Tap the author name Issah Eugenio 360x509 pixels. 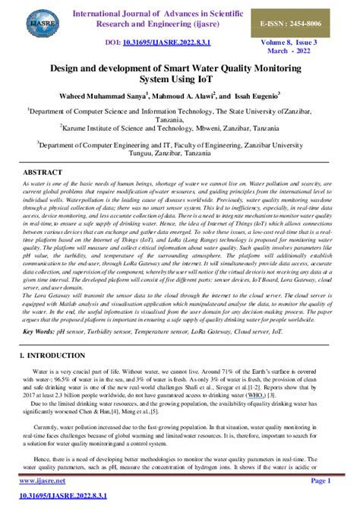(256, 96)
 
